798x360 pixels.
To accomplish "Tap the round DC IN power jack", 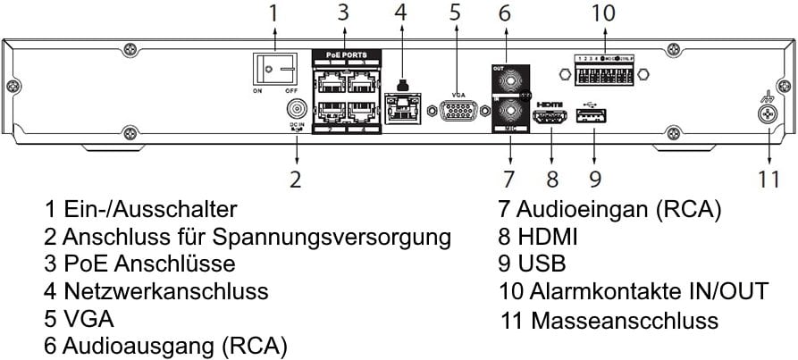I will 296,109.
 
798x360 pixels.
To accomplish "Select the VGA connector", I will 458,111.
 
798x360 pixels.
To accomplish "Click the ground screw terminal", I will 764,113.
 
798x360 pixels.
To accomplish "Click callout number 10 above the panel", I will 604,13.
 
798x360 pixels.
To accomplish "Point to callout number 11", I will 769,179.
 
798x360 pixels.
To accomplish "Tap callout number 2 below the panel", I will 296,179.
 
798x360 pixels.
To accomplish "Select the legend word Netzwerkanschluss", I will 166,291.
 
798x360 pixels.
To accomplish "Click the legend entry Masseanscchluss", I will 624,319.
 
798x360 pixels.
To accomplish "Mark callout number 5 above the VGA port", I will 456,13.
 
